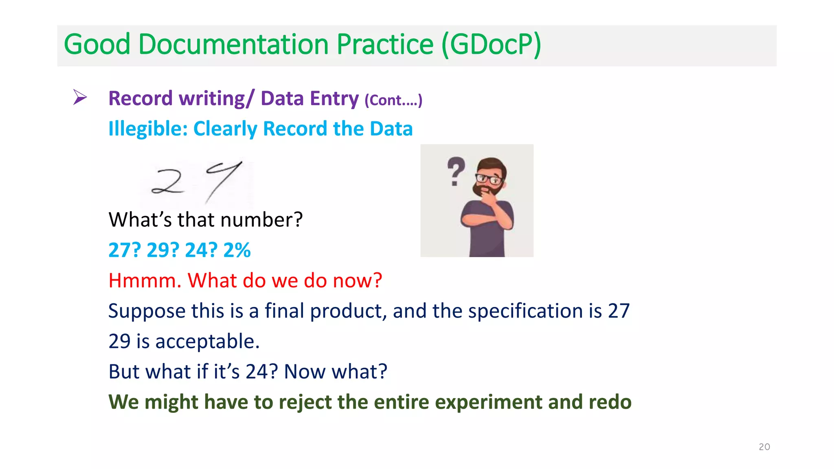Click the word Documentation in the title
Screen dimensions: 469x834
pyautogui.click(x=233, y=44)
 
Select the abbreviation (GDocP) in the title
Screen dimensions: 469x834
pyautogui.click(x=491, y=44)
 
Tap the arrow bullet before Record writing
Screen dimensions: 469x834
pyautogui.click(x=80, y=97)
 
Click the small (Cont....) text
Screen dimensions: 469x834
pyautogui.click(x=393, y=100)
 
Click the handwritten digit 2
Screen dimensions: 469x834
pyautogui.click(x=168, y=182)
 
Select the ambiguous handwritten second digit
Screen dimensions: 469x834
pyautogui.click(x=223, y=181)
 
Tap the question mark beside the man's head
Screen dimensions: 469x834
pyautogui.click(x=456, y=171)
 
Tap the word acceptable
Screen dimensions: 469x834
pyautogui.click(x=207, y=341)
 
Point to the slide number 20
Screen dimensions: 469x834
pyautogui.click(x=764, y=447)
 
